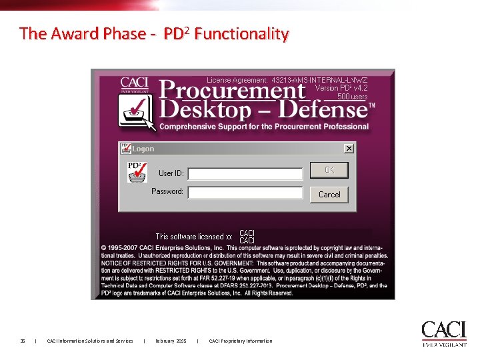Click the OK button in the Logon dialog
(329, 171)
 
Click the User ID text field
(245, 173)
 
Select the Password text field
(245, 192)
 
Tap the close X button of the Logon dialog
(349, 148)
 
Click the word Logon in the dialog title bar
(143, 149)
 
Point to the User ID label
(171, 173)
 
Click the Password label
(167, 191)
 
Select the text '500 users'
(352, 97)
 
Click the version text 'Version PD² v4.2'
(341, 88)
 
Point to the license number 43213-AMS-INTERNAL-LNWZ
(319, 80)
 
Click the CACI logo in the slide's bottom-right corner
(443, 333)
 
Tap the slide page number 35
(22, 341)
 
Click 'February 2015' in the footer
(171, 341)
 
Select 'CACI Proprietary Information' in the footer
(241, 341)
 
